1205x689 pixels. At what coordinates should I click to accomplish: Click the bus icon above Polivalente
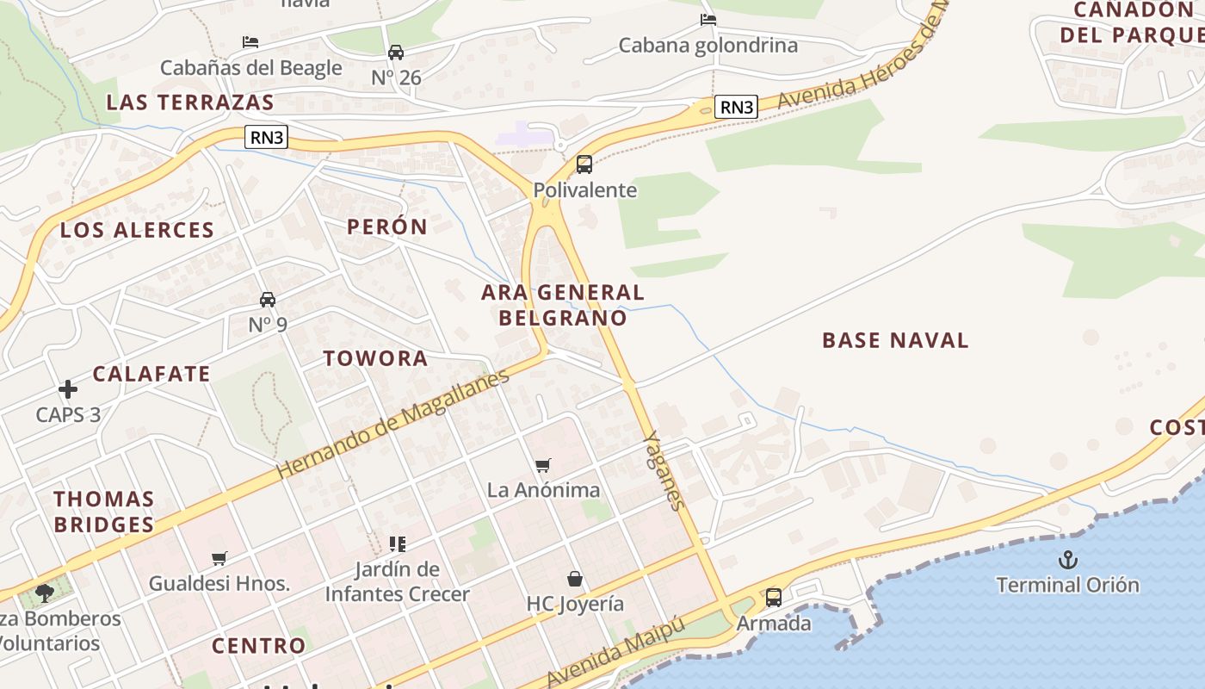coord(584,164)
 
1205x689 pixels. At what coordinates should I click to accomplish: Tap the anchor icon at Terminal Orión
coord(1067,559)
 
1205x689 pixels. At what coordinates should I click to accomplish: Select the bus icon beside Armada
coord(774,597)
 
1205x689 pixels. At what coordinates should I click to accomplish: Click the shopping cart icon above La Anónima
coord(543,465)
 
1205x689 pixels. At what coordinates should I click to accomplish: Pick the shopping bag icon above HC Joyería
coord(575,579)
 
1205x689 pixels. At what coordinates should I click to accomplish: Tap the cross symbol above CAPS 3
coord(68,389)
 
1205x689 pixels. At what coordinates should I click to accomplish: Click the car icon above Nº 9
coord(268,300)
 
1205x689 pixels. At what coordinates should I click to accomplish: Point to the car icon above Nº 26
coord(396,52)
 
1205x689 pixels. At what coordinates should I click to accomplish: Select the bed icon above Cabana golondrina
coord(708,19)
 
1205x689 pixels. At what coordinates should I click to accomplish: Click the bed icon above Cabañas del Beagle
coord(250,41)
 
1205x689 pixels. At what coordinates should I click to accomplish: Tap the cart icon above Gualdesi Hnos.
coord(219,558)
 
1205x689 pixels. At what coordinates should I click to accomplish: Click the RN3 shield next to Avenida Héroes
coord(736,107)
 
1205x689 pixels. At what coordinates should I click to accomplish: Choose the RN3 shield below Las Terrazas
coord(266,137)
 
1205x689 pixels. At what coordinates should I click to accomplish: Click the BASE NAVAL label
coord(895,340)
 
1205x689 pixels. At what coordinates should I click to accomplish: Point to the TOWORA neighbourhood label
coord(375,359)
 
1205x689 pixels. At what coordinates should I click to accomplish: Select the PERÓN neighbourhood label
coord(386,227)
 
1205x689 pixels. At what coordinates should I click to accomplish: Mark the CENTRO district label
coord(258,646)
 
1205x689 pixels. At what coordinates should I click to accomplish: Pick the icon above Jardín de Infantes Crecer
coord(397,543)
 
